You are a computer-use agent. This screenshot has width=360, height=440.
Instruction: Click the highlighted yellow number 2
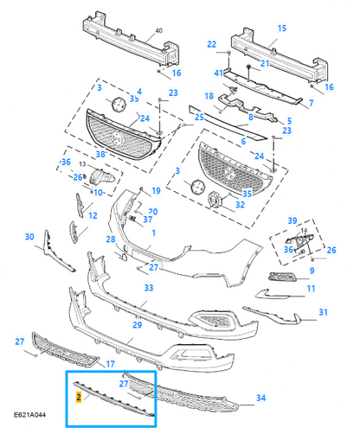[x=79, y=398]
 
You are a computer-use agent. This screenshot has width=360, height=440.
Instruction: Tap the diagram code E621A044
[x=29, y=415]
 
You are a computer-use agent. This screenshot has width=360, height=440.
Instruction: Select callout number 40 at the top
[x=158, y=30]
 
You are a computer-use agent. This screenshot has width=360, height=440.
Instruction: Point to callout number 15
[x=282, y=29]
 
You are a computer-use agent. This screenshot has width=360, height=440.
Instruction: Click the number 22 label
[x=211, y=44]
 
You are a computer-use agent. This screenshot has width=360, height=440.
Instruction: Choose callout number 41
[x=218, y=73]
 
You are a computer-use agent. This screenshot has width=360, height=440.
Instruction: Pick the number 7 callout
[x=311, y=103]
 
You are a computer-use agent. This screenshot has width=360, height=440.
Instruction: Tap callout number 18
[x=209, y=96]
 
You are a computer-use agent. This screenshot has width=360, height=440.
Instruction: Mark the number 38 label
[x=100, y=154]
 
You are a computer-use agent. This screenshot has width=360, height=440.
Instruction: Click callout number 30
[x=29, y=237]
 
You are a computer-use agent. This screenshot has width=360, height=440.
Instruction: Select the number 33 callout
[x=149, y=288]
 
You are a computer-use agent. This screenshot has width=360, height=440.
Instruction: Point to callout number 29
[x=138, y=325]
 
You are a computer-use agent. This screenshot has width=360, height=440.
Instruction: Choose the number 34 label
[x=261, y=398]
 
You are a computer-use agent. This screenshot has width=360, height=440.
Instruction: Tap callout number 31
[x=323, y=312]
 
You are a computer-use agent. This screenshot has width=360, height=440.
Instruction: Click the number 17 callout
[x=110, y=364]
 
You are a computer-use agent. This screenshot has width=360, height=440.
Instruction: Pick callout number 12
[x=93, y=215]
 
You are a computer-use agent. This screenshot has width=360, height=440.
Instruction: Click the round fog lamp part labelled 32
[x=215, y=200]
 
